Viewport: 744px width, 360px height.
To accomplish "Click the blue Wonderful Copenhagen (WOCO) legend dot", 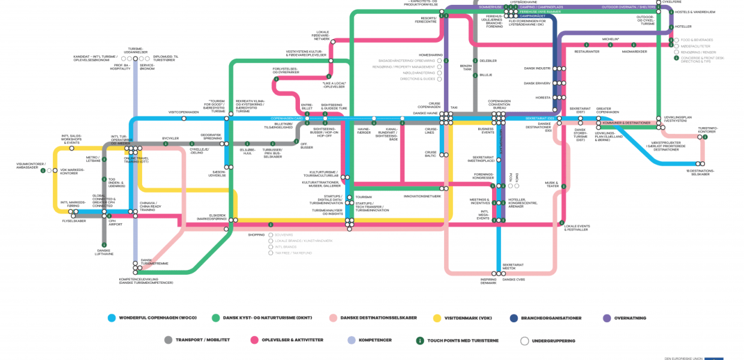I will point(111,318).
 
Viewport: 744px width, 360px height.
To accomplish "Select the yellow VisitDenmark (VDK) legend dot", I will point(437,318).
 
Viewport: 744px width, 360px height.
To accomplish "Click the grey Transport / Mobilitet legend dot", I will point(168,340).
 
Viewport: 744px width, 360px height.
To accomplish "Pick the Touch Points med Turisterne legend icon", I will point(421,340).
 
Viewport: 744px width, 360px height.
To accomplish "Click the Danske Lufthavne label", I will point(104,253).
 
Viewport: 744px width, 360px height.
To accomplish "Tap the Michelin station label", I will point(611,39).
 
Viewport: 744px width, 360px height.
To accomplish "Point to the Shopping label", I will point(256,235).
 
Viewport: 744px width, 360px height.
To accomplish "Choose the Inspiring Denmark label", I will point(488,281).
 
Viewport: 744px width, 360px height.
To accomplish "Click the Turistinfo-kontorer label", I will point(707,130).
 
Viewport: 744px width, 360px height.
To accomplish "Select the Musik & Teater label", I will point(551,184).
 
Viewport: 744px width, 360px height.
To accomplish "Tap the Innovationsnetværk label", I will point(422,196).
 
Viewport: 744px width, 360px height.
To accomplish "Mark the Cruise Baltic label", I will point(431,154).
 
